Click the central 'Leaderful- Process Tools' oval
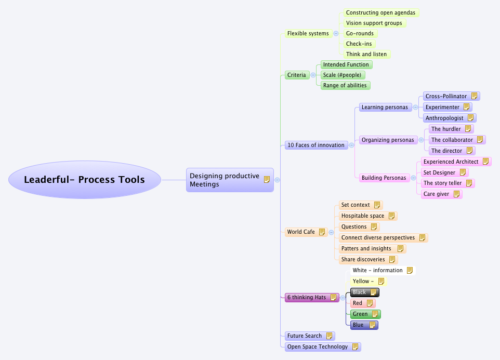(x=84, y=180)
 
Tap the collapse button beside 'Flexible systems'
(x=336, y=33)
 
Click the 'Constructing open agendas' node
(x=380, y=12)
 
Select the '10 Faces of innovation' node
(x=315, y=145)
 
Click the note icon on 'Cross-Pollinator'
(x=474, y=96)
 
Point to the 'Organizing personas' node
(x=388, y=140)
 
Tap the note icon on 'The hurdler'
(x=468, y=129)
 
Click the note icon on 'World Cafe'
(x=322, y=232)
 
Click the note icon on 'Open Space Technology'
(x=355, y=346)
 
